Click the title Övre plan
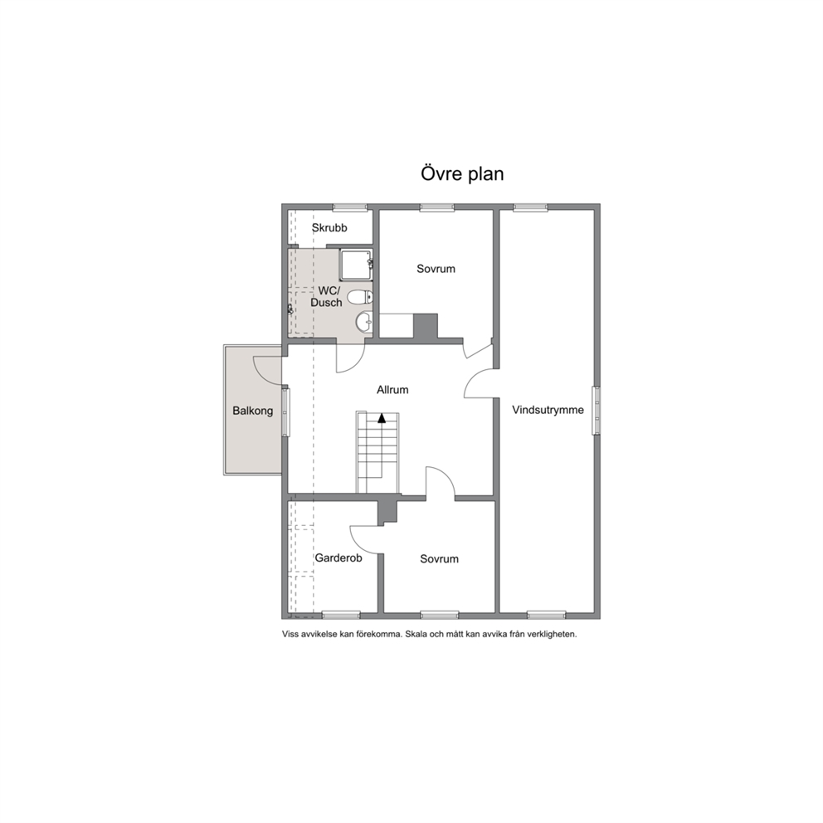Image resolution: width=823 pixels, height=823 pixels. point(462,173)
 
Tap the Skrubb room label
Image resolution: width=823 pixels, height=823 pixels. point(329,228)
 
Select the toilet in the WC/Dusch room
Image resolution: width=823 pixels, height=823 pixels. point(360,297)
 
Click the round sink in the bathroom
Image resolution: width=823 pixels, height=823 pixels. point(363,321)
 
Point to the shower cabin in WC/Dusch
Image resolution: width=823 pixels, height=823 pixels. point(357,265)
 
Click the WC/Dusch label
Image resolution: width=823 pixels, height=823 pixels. point(327,296)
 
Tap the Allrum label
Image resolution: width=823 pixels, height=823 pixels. point(392,390)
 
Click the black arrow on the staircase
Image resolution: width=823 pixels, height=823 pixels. point(382,418)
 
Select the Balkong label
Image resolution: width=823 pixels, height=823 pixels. point(253,411)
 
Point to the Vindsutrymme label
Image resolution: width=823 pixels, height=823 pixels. point(548,410)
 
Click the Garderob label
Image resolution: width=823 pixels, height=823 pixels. point(338,558)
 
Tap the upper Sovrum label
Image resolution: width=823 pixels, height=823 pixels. point(436,269)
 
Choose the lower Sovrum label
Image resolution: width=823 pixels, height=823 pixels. point(440,559)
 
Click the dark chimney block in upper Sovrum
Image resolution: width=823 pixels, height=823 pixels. point(426,326)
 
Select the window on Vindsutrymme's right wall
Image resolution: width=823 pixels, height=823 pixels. point(597,411)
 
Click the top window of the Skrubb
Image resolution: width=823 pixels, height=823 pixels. point(349,207)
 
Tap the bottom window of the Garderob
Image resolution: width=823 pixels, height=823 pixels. point(341,615)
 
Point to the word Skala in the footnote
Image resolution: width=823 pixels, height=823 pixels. point(416,634)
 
